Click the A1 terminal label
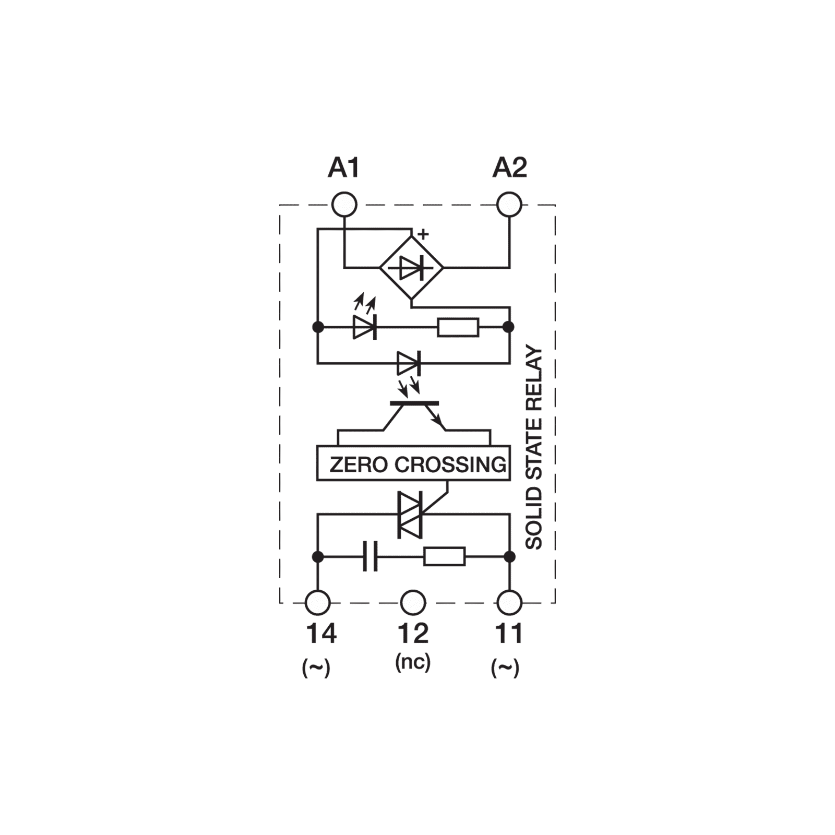coord(344,169)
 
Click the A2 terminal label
coord(510,169)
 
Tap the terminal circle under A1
coord(344,204)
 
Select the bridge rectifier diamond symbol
coord(411,269)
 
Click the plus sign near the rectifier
coord(423,235)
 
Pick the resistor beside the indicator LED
coord(458,327)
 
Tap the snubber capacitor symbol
coord(369,557)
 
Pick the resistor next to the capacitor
coord(444,557)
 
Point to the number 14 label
coord(320,634)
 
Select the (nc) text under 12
coord(412,662)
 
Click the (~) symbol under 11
coord(505,669)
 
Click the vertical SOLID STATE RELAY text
coord(534,449)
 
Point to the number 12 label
coord(413,633)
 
